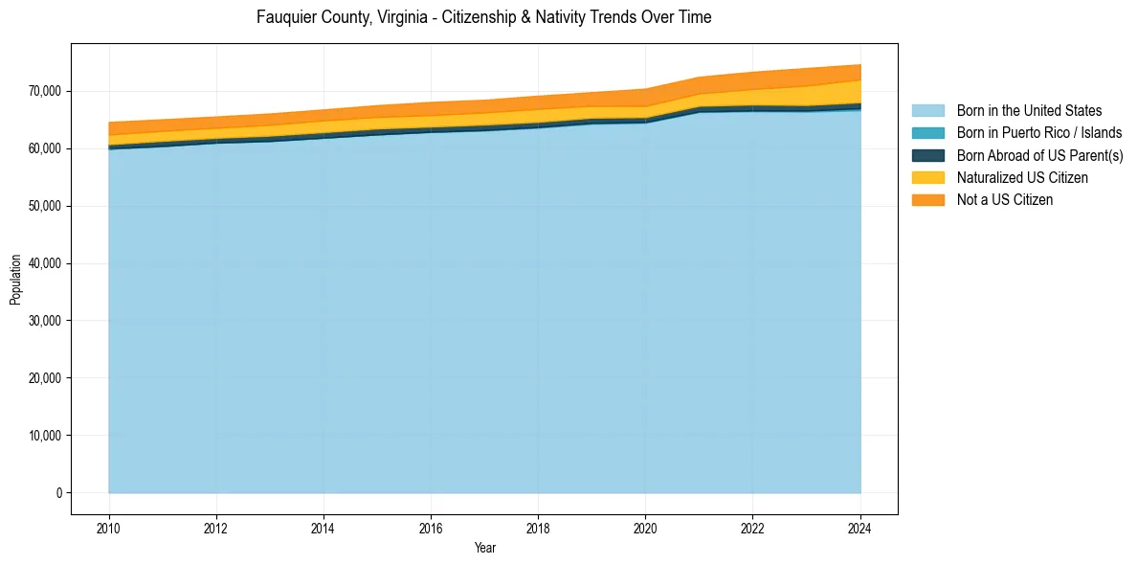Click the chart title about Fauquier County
click(x=483, y=17)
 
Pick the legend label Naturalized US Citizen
click(x=1022, y=177)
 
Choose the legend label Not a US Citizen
click(x=1005, y=199)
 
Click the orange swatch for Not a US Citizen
click(x=927, y=199)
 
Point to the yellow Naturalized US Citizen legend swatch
click(x=927, y=177)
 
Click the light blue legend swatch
click(x=927, y=111)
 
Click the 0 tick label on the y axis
click(x=58, y=493)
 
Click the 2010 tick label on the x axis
click(x=109, y=527)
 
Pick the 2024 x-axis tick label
click(x=860, y=527)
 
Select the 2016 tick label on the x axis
click(x=431, y=527)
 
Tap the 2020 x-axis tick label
click(x=646, y=527)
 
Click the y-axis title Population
click(x=15, y=280)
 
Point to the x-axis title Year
click(x=485, y=548)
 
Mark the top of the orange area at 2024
click(x=860, y=65)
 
